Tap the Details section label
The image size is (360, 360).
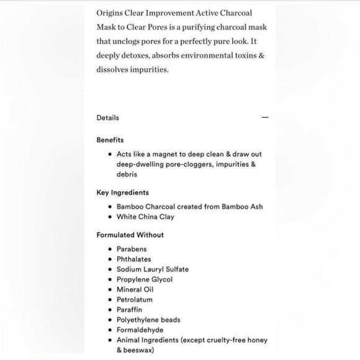107,117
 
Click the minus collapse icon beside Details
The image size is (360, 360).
265,117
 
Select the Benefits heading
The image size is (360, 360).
110,140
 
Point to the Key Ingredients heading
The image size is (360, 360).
122,192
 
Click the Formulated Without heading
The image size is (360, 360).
130,235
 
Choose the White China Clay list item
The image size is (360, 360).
145,217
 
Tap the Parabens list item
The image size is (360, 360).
132,249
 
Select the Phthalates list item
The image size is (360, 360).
133,259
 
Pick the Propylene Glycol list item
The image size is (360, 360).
144,279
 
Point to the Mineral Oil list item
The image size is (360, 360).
135,289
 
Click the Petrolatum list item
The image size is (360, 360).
135,300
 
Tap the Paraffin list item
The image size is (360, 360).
130,310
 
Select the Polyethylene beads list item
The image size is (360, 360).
148,320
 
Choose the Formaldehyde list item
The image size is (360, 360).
139,330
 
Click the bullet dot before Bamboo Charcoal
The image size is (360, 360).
109,207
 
